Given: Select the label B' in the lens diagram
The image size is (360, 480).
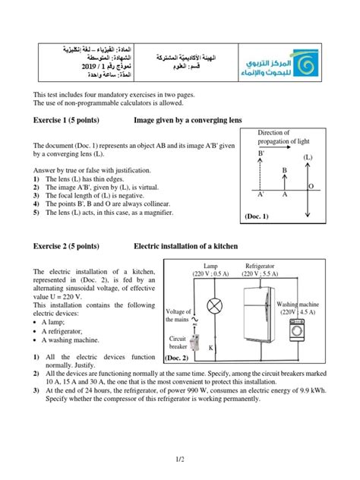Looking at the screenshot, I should (x=261, y=153).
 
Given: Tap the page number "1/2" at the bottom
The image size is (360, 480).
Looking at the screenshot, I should (x=179, y=459).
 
